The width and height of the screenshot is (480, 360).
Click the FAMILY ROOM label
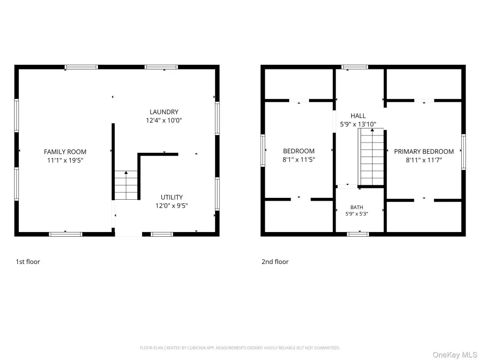click(x=65, y=152)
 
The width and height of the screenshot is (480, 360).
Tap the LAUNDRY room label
click(x=164, y=112)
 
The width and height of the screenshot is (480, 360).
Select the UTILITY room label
click(x=172, y=197)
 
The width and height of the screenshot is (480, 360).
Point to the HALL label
click(x=358, y=116)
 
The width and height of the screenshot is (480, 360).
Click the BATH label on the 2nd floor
click(x=357, y=207)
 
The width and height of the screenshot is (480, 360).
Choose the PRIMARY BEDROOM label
click(x=424, y=151)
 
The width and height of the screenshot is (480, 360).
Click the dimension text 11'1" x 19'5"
click(x=65, y=160)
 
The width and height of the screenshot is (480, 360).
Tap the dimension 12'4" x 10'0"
click(x=164, y=120)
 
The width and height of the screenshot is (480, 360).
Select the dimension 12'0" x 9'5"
click(x=172, y=206)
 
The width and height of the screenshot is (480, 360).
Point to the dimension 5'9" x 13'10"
click(x=358, y=124)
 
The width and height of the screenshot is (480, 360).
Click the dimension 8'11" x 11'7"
click(x=424, y=160)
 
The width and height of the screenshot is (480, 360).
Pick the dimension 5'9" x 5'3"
click(x=357, y=214)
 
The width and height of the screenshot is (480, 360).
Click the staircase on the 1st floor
click(x=126, y=186)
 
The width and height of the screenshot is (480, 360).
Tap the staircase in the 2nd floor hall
click(x=371, y=157)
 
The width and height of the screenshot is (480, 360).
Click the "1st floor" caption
click(x=28, y=262)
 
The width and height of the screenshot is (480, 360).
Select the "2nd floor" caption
click(x=275, y=262)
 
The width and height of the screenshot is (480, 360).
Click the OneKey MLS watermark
click(x=455, y=355)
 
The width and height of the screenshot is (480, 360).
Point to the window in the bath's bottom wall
click(x=358, y=234)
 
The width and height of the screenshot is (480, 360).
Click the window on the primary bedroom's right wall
click(x=464, y=152)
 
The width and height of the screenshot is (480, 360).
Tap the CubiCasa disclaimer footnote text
click(x=240, y=348)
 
